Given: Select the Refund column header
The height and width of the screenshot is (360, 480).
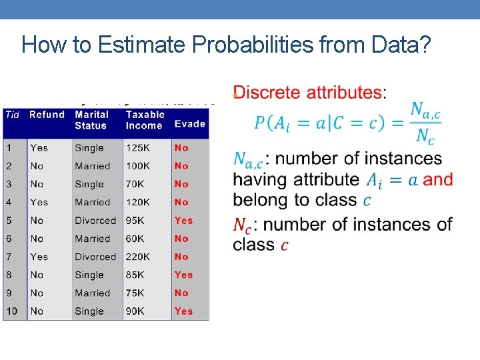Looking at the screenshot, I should tap(47, 115).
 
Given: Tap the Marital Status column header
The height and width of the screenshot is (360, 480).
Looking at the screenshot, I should tap(91, 120).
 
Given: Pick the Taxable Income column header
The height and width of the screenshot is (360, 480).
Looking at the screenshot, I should tap(145, 120).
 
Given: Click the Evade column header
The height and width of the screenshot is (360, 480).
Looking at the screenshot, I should tap(189, 124).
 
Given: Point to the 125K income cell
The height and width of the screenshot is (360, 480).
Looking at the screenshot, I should tap(139, 148).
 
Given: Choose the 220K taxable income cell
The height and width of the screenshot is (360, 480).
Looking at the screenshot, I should tap(139, 257).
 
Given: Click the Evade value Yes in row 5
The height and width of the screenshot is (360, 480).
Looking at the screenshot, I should tap(183, 220).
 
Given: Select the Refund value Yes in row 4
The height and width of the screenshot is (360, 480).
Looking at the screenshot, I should tap(39, 202).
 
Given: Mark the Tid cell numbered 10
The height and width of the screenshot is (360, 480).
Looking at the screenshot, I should tap(13, 311).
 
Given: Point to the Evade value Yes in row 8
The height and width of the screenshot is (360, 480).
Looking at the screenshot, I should tap(183, 275).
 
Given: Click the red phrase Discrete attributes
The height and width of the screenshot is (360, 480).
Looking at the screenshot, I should tap(307, 93).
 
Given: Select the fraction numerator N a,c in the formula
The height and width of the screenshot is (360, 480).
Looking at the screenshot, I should tap(425, 111).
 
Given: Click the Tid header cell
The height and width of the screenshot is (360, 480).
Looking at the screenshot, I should tap(13, 115).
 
